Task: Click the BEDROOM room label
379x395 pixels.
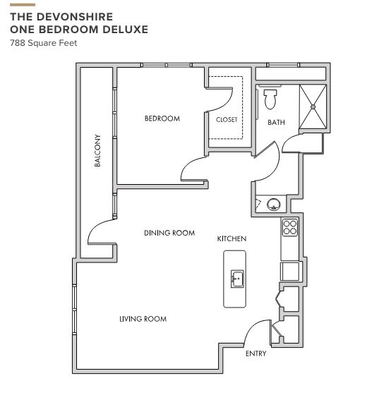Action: coord(162,119)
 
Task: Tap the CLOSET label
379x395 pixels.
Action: coord(227,119)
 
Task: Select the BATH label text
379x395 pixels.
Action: coord(276,123)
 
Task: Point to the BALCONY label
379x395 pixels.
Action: coord(97,150)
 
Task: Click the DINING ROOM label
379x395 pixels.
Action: coord(169,233)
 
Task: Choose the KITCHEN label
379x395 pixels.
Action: coord(231,238)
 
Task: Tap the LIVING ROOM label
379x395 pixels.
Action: coord(143,319)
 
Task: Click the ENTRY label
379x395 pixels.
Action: coord(255,353)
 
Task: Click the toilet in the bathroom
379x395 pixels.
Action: coord(270,99)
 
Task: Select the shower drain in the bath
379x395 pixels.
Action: coord(313,107)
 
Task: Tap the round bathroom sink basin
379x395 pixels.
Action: coord(274,205)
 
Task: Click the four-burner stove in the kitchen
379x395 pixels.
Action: coord(289,227)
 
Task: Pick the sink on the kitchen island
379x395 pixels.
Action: coord(237,279)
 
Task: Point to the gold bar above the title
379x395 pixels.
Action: coord(23,5)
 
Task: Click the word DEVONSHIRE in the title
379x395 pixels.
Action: coord(76,17)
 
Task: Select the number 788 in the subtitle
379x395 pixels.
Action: coord(18,43)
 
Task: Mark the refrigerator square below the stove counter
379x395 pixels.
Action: coord(290,272)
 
